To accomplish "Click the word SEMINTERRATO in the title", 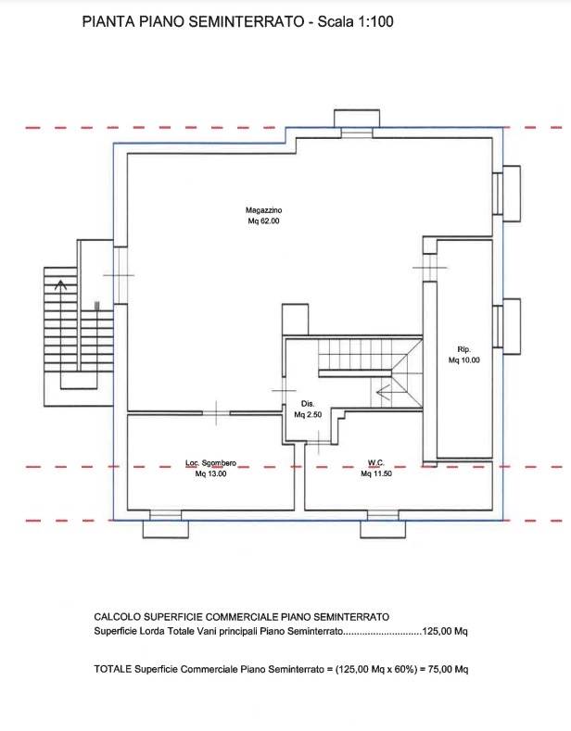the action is (x=247, y=21).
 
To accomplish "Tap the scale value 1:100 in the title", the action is (x=375, y=21).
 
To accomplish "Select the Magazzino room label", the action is (x=263, y=210).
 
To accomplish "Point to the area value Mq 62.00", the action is (x=263, y=221).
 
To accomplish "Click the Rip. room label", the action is (x=464, y=349).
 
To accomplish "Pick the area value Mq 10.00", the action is (x=464, y=359).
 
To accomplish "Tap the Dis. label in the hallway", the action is (x=308, y=404).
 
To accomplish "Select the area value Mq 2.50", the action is (x=308, y=414).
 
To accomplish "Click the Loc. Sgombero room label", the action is (x=210, y=463).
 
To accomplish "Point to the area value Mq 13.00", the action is (x=210, y=473).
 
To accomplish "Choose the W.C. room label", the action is (x=376, y=463).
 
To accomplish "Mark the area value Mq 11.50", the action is (x=376, y=473).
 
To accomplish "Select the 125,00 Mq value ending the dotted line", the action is (x=445, y=631).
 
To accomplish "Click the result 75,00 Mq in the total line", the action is (x=449, y=669).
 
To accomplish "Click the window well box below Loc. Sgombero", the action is (x=166, y=529).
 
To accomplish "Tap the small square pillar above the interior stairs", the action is (x=296, y=320).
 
